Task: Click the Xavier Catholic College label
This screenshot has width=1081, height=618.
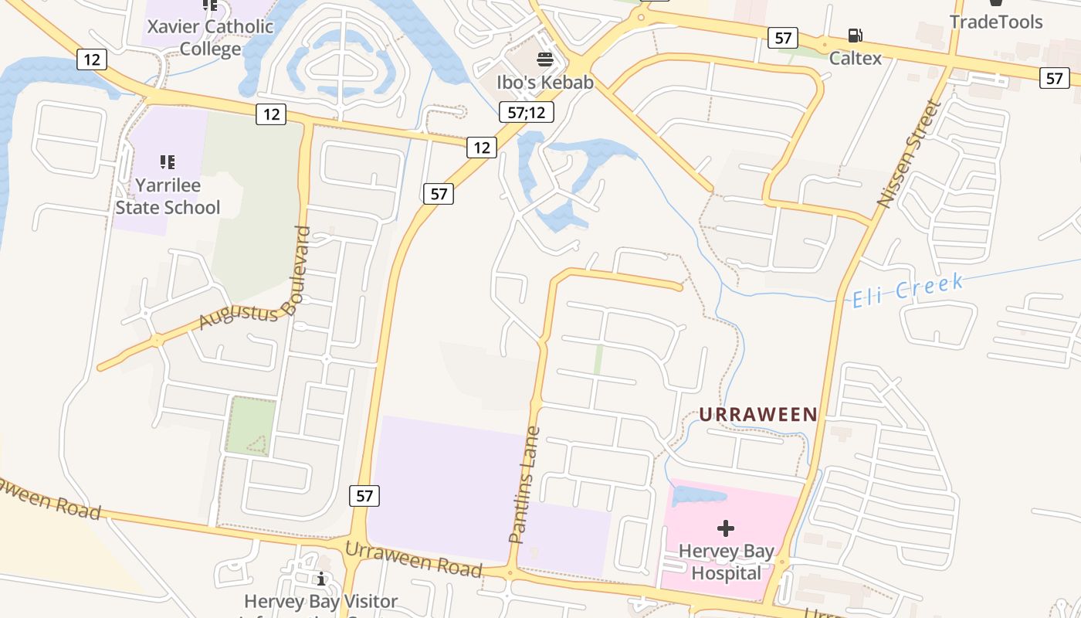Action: coord(211,38)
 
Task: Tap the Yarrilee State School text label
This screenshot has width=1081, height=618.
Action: coord(168,196)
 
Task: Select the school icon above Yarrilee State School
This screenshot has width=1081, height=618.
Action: coord(168,161)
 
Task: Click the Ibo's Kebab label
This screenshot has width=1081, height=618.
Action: coord(545,83)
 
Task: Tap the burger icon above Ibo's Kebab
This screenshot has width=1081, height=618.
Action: coord(545,59)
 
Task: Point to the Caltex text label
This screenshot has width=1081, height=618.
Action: coord(856,58)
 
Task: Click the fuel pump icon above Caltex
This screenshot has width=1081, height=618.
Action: coord(855,36)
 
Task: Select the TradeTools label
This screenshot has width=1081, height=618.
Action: coord(995,22)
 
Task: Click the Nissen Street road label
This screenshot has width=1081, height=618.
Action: coord(910,154)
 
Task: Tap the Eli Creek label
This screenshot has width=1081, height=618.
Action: coord(908,290)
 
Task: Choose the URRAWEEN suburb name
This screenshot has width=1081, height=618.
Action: coord(758,415)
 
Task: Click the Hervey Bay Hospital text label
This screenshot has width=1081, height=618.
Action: coord(726,562)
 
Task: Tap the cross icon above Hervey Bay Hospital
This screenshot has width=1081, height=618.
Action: coord(725,528)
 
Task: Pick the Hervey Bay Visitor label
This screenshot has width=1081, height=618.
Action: coord(321,601)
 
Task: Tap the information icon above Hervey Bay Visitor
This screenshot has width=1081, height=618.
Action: coord(321,578)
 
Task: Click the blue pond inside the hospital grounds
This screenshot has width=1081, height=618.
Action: coord(698,496)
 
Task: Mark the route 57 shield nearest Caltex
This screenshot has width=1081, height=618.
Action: coord(783,38)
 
